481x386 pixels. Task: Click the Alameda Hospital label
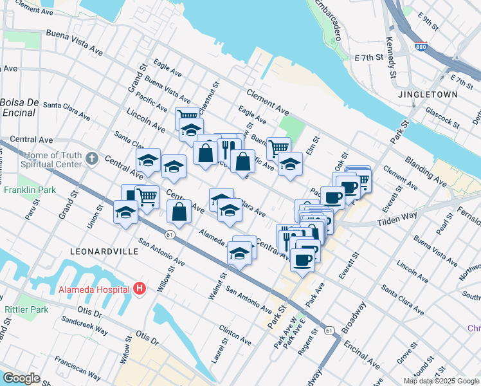click(94, 289)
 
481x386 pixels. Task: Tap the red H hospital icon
click(140, 289)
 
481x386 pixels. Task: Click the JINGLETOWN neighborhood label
click(437, 94)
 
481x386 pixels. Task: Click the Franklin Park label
click(29, 190)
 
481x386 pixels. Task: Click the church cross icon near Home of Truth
click(91, 158)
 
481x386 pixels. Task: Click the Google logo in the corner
click(21, 378)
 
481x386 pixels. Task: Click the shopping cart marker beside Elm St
click(278, 148)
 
